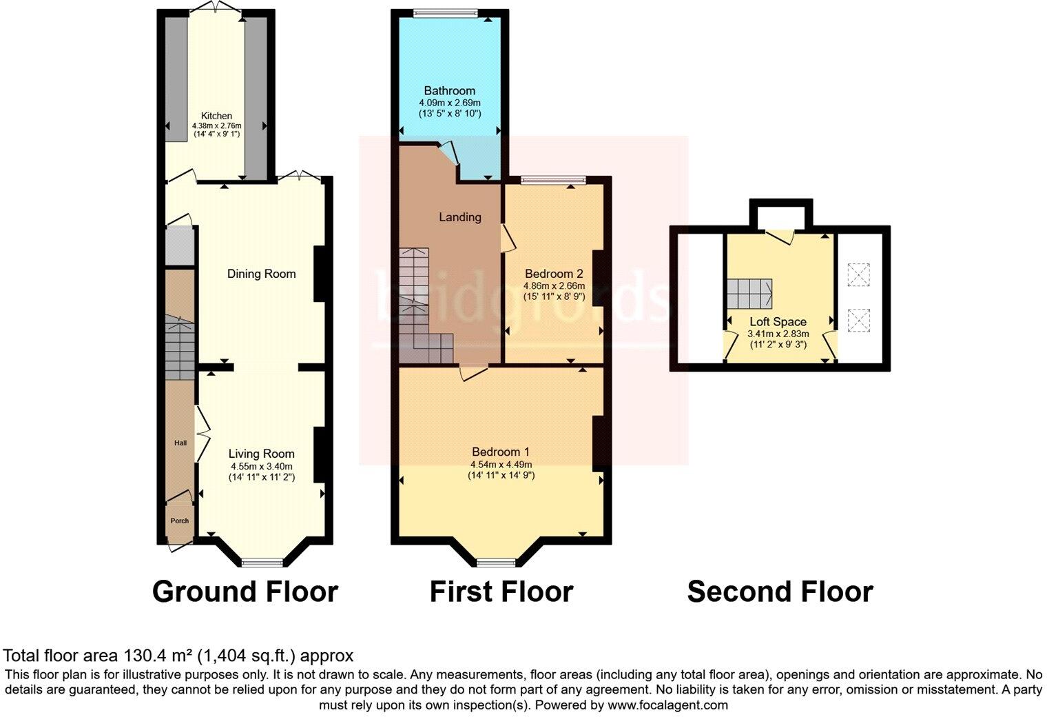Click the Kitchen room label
click(x=216, y=116)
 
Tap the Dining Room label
click(x=262, y=274)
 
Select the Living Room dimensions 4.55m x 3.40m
click(x=262, y=466)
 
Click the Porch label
click(x=180, y=521)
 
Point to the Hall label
click(x=180, y=443)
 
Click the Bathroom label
click(x=449, y=90)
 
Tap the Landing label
click(x=460, y=217)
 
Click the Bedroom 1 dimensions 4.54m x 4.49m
click(x=501, y=465)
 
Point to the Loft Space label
click(x=778, y=322)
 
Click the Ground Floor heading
click(x=245, y=592)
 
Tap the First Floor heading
click(x=501, y=592)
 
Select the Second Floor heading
click(x=780, y=592)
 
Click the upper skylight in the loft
click(x=858, y=275)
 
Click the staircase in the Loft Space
click(x=749, y=294)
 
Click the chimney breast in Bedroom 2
click(x=598, y=276)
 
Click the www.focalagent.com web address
click(x=667, y=705)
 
